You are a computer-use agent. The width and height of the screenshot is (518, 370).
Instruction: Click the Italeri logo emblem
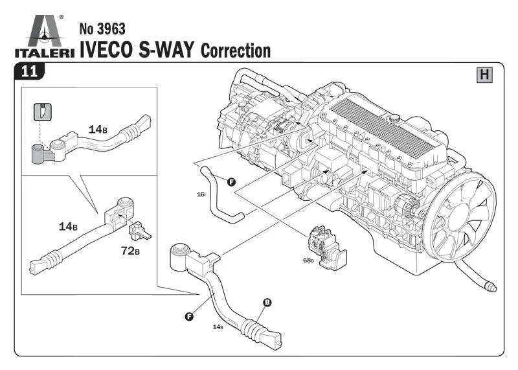pyautogui.click(x=45, y=32)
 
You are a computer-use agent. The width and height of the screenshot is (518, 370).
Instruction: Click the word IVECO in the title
pyautogui.click(x=106, y=50)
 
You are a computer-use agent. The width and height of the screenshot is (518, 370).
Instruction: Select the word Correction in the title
pyautogui.click(x=236, y=51)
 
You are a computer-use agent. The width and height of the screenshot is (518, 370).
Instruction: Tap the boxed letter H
pyautogui.click(x=484, y=75)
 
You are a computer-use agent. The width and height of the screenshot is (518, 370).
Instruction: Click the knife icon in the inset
pyautogui.click(x=42, y=111)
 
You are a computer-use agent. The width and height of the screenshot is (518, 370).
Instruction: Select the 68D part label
pyautogui.click(x=308, y=261)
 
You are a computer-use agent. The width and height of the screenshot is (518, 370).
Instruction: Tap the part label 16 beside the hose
pyautogui.click(x=201, y=194)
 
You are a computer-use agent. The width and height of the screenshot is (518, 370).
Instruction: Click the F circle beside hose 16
pyautogui.click(x=231, y=182)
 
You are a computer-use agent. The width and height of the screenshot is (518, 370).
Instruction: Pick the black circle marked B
pyautogui.click(x=266, y=302)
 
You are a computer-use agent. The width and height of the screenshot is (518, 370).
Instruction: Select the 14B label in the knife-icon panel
pyautogui.click(x=98, y=129)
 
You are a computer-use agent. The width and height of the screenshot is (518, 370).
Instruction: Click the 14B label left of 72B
pyautogui.click(x=68, y=227)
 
